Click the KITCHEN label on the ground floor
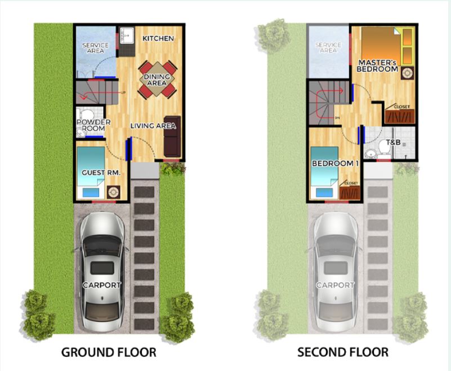[x=158, y=38]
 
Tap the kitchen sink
[x=127, y=36]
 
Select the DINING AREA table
[x=157, y=80]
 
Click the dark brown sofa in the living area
[x=172, y=136]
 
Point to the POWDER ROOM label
[x=93, y=125]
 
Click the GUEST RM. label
[x=101, y=173]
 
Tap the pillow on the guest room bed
[x=91, y=192]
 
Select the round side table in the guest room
[x=114, y=192]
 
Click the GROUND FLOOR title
[x=109, y=352]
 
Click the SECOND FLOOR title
[x=343, y=352]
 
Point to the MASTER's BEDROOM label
[x=377, y=66]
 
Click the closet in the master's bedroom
[x=400, y=114]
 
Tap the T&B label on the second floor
[x=393, y=143]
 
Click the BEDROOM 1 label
[x=335, y=164]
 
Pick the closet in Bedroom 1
[x=350, y=190]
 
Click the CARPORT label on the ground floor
[x=102, y=285]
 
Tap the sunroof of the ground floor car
[x=102, y=268]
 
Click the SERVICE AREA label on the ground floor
[x=95, y=48]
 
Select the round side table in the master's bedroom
[x=407, y=73]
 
